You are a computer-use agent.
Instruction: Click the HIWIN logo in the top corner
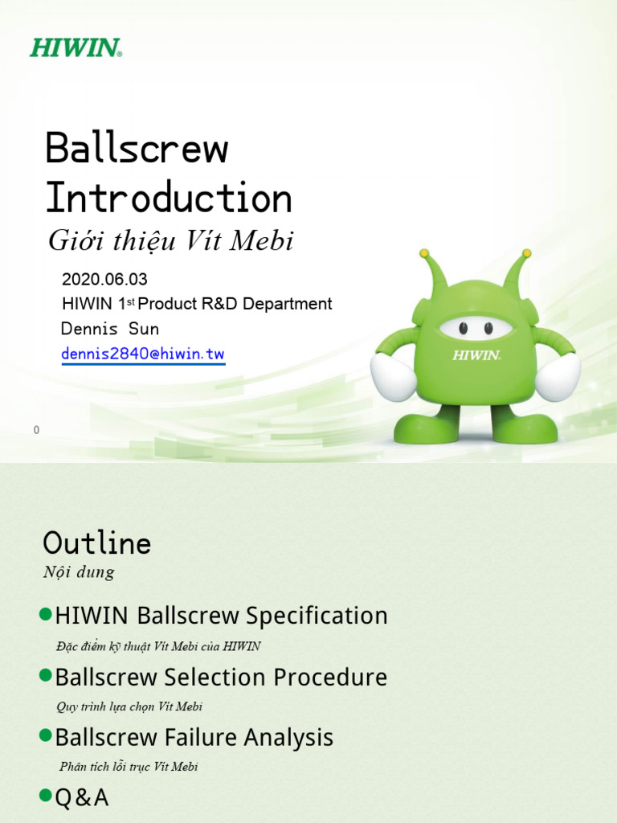click(76, 47)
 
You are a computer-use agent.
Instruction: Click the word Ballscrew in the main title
click(137, 149)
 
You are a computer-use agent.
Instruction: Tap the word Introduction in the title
click(169, 198)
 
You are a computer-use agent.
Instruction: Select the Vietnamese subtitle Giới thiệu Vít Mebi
click(171, 240)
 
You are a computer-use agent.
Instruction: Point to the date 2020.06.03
click(104, 280)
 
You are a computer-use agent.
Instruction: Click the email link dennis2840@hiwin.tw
click(143, 354)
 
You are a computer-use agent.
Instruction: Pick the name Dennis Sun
click(110, 329)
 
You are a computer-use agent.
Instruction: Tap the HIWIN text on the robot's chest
click(476, 354)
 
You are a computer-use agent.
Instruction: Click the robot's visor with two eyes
click(476, 328)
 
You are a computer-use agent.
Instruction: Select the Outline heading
click(97, 544)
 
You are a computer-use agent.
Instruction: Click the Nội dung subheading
click(79, 573)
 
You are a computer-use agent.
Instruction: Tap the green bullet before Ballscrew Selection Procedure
click(46, 675)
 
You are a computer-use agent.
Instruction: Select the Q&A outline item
click(81, 798)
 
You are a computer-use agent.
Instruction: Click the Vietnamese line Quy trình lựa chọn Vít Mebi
click(129, 706)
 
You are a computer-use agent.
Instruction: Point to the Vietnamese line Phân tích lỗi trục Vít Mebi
click(129, 767)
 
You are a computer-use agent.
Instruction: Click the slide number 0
click(36, 431)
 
